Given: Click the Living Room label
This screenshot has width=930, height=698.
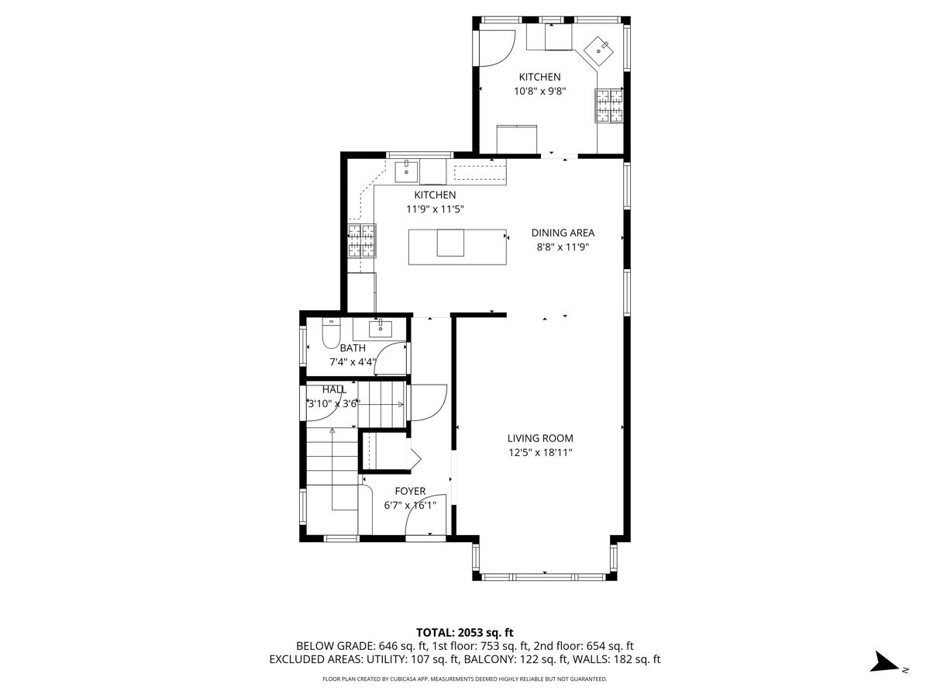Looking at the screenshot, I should coord(540,438).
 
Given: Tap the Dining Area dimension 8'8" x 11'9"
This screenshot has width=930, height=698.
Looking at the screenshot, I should coord(563,247).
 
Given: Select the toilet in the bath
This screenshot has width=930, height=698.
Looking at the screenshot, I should coord(330,333).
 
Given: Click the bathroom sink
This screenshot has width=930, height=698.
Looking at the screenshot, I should coord(380,328).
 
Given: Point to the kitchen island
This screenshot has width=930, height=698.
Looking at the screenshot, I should coord(457,247).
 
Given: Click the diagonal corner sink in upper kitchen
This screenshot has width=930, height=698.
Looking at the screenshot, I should coord(599,52).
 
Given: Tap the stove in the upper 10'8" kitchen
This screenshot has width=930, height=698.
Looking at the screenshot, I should coord(609,105).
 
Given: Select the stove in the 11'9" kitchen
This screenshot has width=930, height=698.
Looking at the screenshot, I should coord(360,240).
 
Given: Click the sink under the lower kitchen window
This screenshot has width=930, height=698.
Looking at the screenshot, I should coord(407,171).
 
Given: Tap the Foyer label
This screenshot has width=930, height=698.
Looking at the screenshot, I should coord(410,491).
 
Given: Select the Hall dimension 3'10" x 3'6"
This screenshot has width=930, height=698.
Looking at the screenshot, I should coord(333,403).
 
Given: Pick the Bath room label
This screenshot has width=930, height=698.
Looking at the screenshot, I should coord(352,348).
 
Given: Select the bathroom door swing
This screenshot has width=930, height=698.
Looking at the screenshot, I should coord(393,359).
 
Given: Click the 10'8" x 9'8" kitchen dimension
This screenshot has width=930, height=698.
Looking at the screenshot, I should coord(539,91).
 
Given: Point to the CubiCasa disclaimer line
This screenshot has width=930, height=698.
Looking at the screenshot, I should coord(464,679).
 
